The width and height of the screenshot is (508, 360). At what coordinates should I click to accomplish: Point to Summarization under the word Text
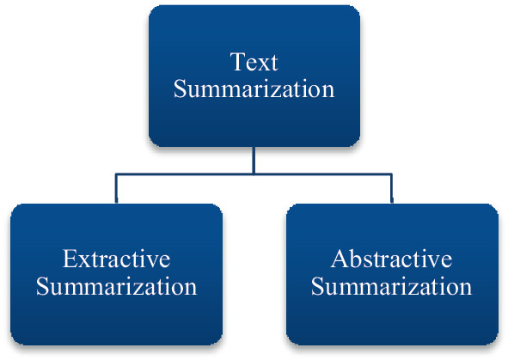click(254, 89)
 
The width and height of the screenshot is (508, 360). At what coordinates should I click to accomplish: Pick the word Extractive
click(116, 259)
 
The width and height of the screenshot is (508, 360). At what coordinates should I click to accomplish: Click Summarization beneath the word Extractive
click(116, 286)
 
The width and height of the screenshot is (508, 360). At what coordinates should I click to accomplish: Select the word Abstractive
click(391, 259)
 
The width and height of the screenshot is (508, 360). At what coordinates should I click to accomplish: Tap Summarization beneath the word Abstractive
click(391, 286)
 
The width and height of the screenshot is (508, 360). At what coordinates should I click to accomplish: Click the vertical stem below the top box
click(254, 160)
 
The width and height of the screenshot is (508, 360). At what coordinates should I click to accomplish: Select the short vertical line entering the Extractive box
click(116, 188)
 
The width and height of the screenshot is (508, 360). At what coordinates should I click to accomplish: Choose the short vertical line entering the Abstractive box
click(391, 188)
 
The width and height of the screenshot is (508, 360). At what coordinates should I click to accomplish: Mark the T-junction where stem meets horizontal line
click(254, 174)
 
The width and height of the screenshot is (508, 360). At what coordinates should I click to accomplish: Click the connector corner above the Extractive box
click(116, 174)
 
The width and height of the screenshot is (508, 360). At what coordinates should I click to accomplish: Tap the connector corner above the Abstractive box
click(391, 174)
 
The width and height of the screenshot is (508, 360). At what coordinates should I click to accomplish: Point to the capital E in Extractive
click(69, 259)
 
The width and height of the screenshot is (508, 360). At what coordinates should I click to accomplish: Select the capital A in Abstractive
click(339, 259)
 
